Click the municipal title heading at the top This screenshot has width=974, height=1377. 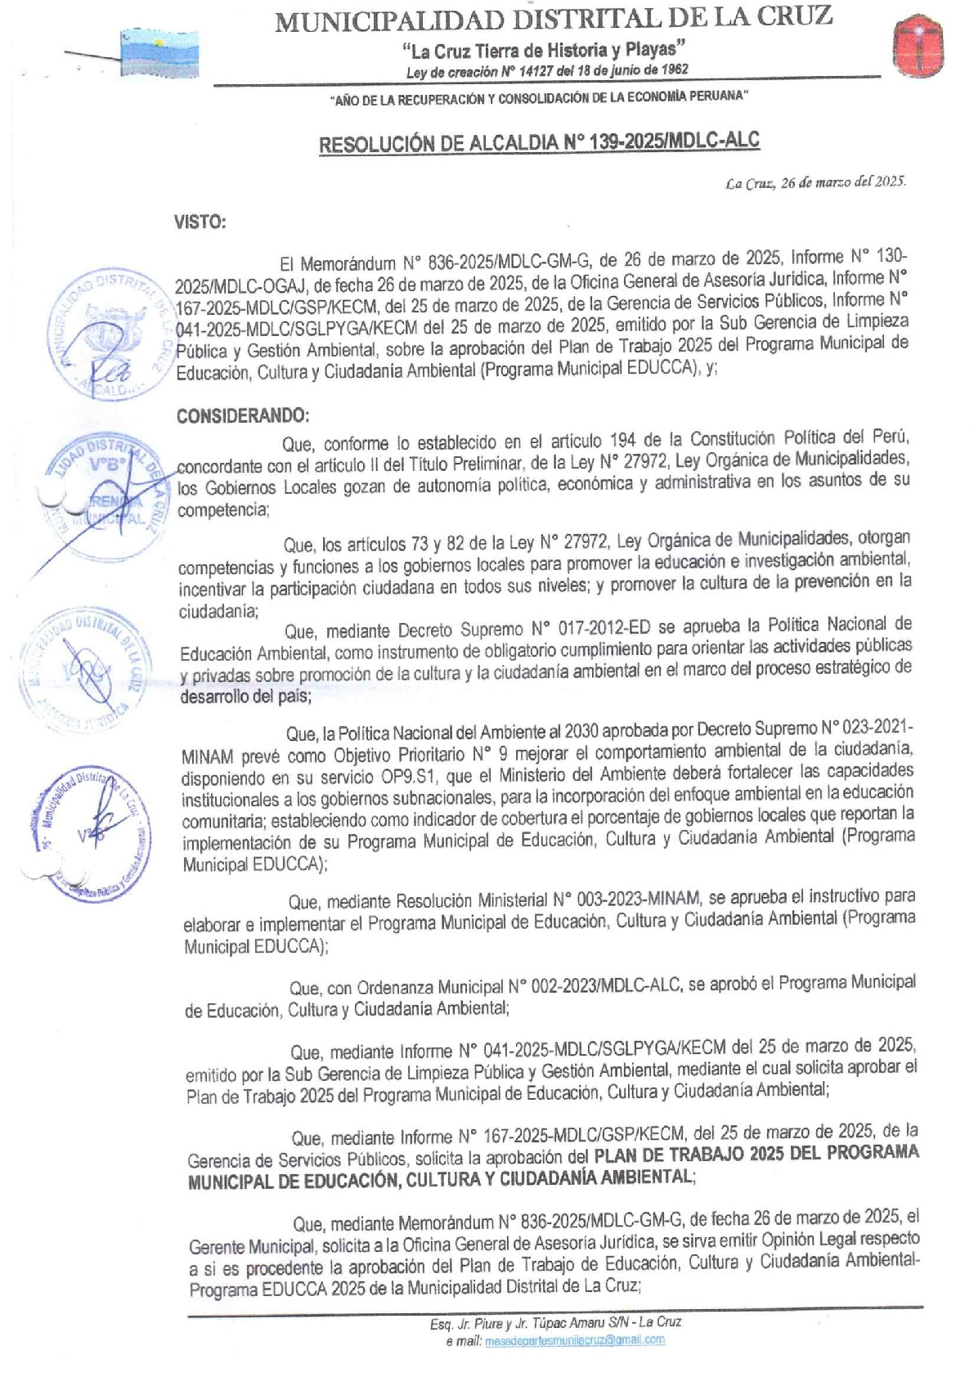[x=553, y=18]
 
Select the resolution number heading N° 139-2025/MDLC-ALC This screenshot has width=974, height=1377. [x=540, y=142]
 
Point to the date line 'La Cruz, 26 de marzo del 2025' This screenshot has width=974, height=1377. [x=815, y=182]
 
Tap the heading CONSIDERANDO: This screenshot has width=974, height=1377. [x=243, y=415]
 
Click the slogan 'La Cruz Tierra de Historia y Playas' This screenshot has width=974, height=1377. [x=542, y=51]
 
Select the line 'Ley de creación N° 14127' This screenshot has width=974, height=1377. [x=547, y=71]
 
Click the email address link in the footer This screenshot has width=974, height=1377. [x=574, y=1340]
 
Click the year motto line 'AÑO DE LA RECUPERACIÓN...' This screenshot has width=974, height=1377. [x=540, y=96]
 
